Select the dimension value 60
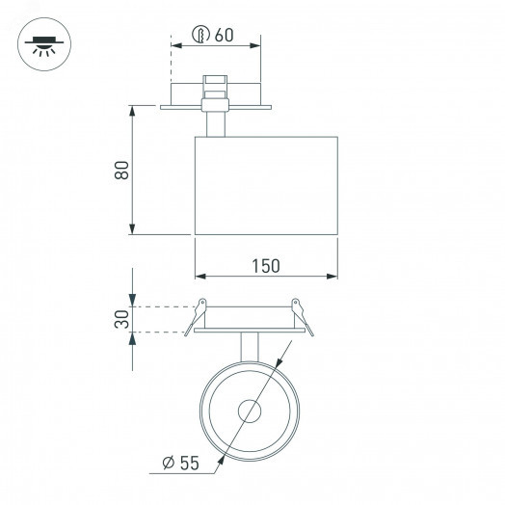pyautogui.click(x=225, y=35)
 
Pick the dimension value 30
pyautogui.click(x=120, y=320)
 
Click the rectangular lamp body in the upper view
pyautogui.click(x=266, y=185)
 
